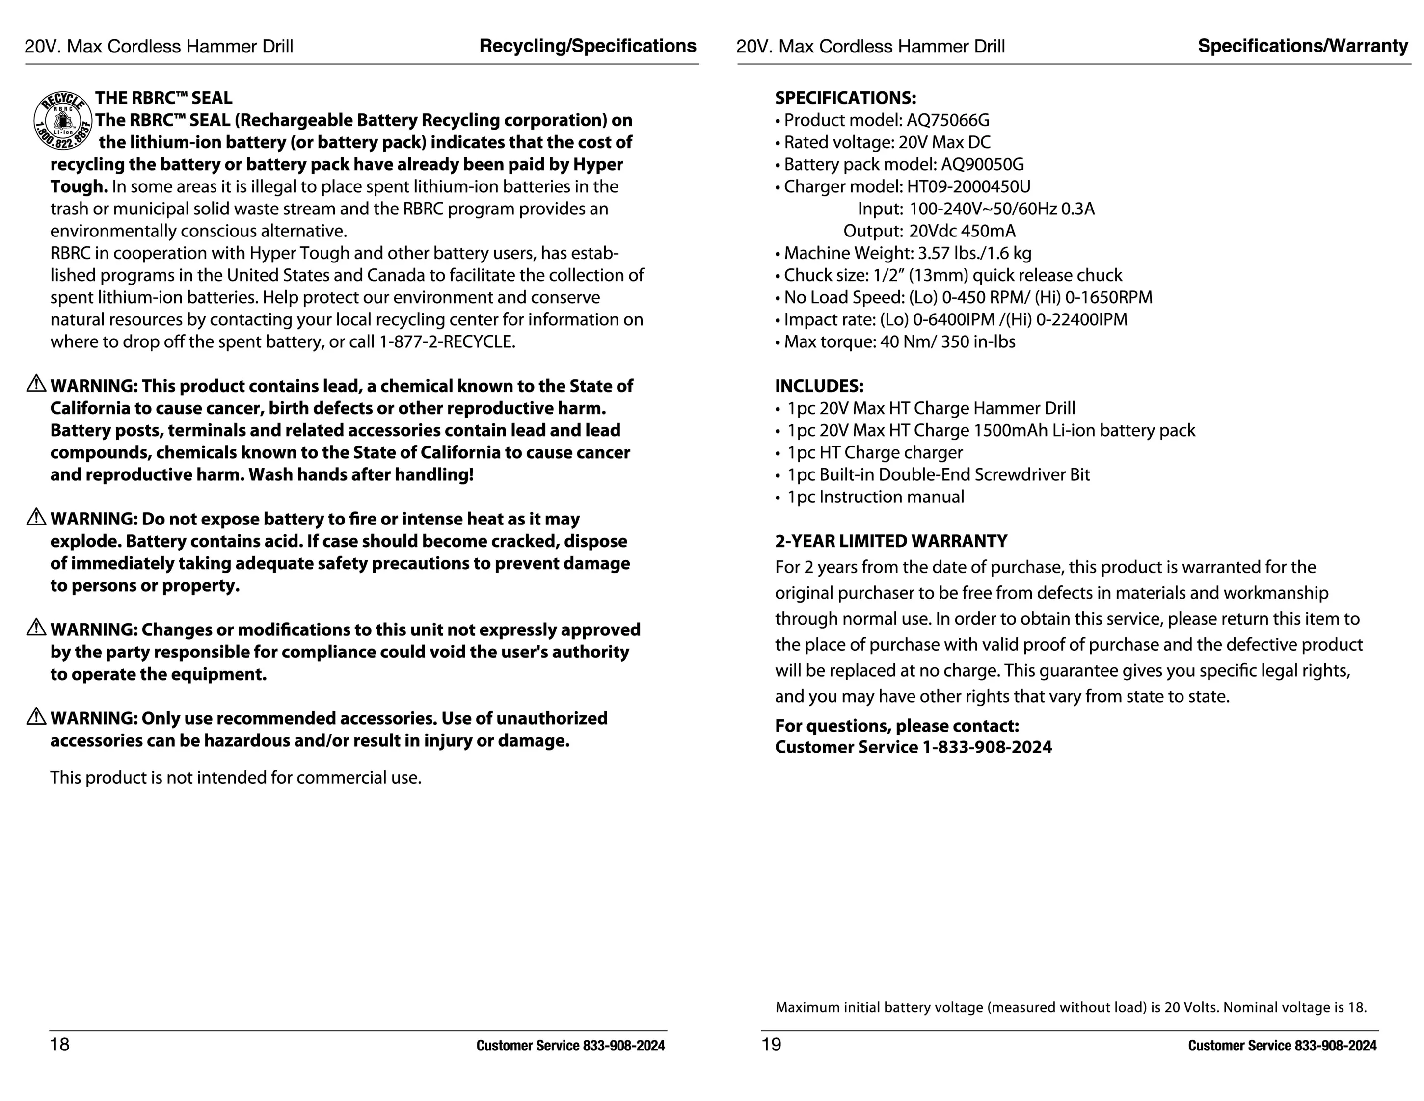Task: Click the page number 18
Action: click(x=59, y=1044)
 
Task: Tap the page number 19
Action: click(x=771, y=1044)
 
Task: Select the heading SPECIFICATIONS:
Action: click(x=845, y=98)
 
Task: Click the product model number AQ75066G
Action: click(x=947, y=120)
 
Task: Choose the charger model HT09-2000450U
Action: click(x=968, y=186)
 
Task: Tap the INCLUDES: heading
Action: click(x=819, y=386)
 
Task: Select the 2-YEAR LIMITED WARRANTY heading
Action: click(x=890, y=541)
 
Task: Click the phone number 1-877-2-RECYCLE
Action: click(x=447, y=341)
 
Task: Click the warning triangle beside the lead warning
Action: click(x=36, y=384)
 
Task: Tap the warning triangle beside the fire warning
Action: click(x=36, y=517)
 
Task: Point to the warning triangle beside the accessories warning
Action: click(x=36, y=716)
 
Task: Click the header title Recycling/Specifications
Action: click(x=588, y=46)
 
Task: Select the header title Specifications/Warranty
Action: click(x=1303, y=46)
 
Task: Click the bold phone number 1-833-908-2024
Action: click(x=987, y=747)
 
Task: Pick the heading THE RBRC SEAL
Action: click(x=163, y=98)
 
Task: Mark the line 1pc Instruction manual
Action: click(x=875, y=497)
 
